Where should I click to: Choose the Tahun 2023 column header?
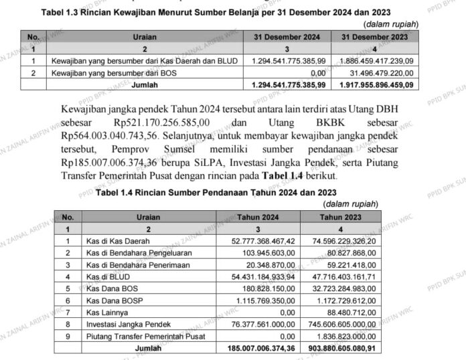tap(341, 217)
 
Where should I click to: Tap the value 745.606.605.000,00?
tap(341, 325)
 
